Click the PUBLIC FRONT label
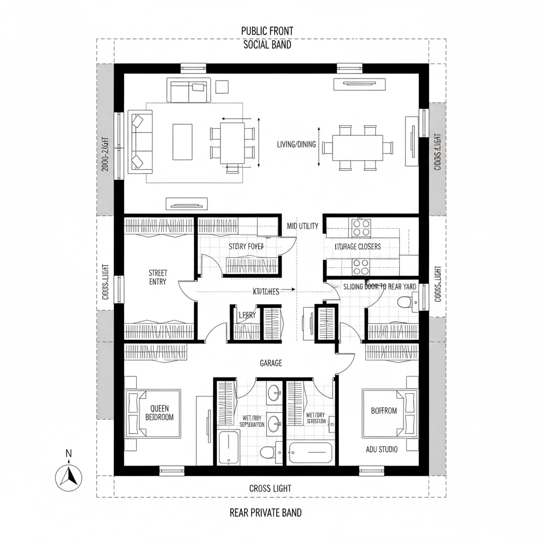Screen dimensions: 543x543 (x=267, y=31)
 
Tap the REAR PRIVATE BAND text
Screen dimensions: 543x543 (x=266, y=512)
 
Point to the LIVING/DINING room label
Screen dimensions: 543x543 (x=295, y=144)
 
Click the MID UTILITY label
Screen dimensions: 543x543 (x=303, y=226)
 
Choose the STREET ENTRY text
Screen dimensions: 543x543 (x=158, y=277)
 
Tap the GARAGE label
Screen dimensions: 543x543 (x=271, y=363)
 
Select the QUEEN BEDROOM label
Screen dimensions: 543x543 (x=159, y=413)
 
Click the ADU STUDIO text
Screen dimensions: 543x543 (x=382, y=449)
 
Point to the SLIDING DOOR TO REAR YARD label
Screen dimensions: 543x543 (x=380, y=286)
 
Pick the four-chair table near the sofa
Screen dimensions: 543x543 (x=232, y=143)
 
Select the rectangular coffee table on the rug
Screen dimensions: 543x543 (x=182, y=142)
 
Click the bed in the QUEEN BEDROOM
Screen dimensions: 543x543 (x=153, y=413)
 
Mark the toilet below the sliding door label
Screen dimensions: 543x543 (x=405, y=302)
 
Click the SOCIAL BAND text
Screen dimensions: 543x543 (x=267, y=45)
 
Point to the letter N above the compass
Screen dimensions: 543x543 (x=68, y=453)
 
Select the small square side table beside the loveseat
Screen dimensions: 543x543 (x=222, y=86)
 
